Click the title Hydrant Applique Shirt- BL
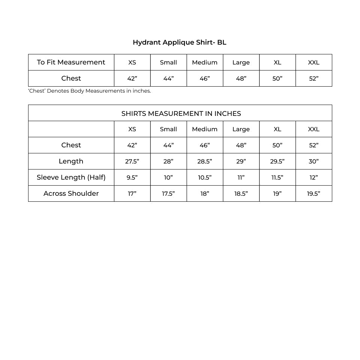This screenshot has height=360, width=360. (x=179, y=42)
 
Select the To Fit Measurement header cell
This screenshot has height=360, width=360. (x=71, y=62)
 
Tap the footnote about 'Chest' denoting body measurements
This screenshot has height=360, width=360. (x=90, y=91)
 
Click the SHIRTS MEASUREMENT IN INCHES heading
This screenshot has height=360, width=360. (x=181, y=113)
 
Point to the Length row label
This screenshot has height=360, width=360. (x=71, y=161)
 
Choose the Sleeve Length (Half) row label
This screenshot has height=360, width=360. (x=71, y=177)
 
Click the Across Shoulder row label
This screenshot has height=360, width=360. (x=71, y=193)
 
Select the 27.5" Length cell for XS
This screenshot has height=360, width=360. (x=132, y=162)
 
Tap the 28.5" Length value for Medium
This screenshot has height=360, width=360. (x=205, y=162)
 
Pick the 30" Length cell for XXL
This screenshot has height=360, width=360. (x=313, y=162)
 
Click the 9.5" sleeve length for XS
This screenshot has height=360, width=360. (x=132, y=178)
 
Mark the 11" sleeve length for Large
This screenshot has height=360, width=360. (x=241, y=178)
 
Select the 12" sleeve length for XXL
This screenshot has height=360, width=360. (x=313, y=178)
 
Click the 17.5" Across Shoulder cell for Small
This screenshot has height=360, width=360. (x=168, y=194)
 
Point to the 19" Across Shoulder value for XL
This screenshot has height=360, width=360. (x=277, y=194)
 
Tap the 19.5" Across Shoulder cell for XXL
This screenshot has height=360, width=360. (x=313, y=194)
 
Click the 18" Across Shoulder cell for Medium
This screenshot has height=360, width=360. (x=205, y=194)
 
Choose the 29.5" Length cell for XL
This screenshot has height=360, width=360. (x=277, y=162)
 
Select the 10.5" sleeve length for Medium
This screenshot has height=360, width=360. (x=205, y=178)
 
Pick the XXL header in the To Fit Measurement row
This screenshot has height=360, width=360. (x=313, y=63)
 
